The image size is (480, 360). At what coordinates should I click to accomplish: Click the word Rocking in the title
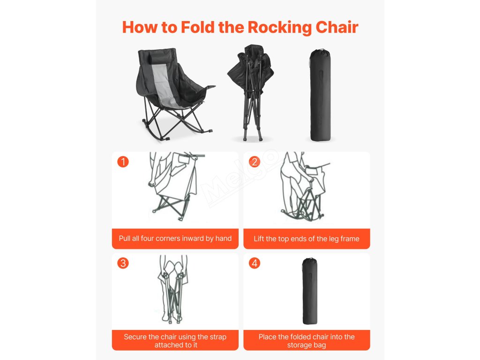[x=279, y=28]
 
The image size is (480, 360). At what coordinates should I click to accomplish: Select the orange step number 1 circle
[x=123, y=162]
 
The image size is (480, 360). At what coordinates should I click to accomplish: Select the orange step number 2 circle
[x=255, y=162]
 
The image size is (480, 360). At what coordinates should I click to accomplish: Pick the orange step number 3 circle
[x=123, y=263]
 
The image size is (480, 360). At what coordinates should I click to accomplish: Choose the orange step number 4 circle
[x=255, y=263]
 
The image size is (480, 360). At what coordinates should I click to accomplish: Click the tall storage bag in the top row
[x=320, y=95]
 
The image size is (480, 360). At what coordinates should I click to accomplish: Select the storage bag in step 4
[x=310, y=291]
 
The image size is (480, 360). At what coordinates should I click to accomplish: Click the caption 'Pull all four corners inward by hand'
[x=175, y=239]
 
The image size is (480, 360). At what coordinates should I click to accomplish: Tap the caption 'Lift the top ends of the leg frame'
[x=307, y=239]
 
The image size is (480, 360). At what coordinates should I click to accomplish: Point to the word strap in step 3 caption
[x=217, y=337]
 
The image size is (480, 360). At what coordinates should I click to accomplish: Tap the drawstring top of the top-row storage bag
[x=321, y=51]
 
